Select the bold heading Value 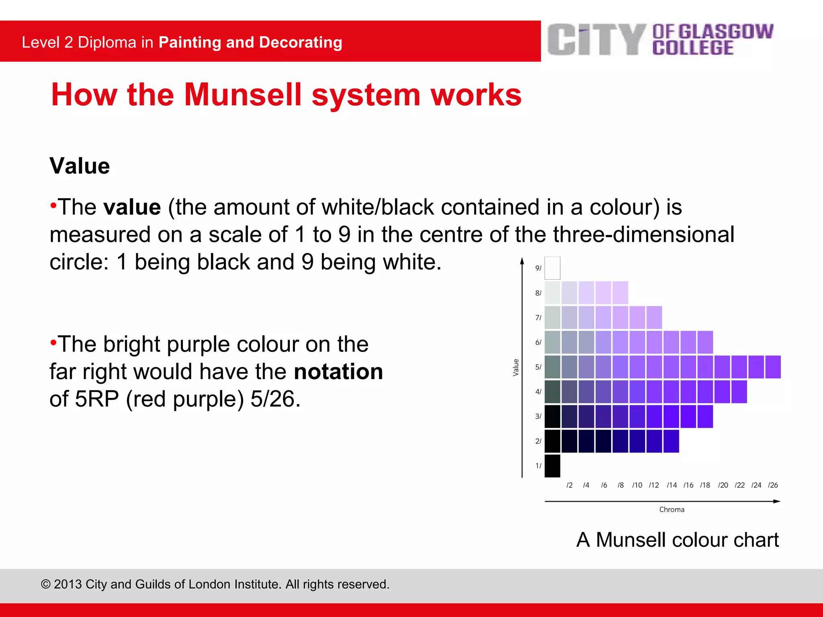[x=80, y=166]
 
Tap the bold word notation [x=338, y=372]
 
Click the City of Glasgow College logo [x=660, y=40]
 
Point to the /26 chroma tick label [x=773, y=485]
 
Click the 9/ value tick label [x=538, y=268]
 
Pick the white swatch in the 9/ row [x=552, y=268]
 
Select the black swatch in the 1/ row [x=552, y=466]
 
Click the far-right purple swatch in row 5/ [x=773, y=367]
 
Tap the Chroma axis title [x=672, y=510]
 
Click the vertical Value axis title [x=516, y=368]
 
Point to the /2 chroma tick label [x=569, y=485]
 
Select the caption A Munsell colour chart [x=678, y=540]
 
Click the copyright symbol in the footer [x=46, y=584]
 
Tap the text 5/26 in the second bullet [x=275, y=399]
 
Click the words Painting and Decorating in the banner [x=250, y=43]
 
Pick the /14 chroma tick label [x=672, y=485]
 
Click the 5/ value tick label [x=538, y=367]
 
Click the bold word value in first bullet [x=132, y=208]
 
